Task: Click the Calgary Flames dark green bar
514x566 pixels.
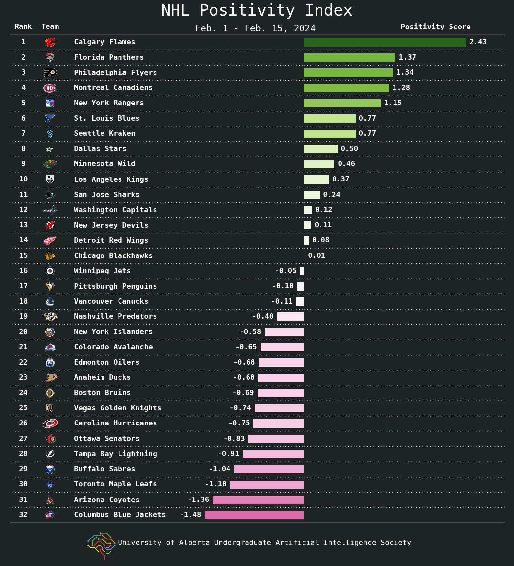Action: point(385,42)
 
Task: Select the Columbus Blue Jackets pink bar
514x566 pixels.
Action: point(254,515)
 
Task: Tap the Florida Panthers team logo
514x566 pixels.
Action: point(50,57)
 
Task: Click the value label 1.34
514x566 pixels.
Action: point(405,72)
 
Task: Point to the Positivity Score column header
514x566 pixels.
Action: point(436,27)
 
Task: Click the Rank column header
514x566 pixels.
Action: point(23,27)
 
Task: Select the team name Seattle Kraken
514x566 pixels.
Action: point(104,133)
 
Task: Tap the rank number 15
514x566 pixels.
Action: point(23,255)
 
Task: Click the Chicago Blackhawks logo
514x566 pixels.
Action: point(50,256)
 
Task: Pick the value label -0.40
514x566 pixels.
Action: point(263,316)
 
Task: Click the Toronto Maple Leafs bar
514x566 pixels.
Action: point(267,484)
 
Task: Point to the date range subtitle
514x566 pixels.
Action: point(255,28)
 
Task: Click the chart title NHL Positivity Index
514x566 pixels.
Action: point(257,10)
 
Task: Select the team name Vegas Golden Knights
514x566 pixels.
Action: point(118,408)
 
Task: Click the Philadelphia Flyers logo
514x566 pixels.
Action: point(50,73)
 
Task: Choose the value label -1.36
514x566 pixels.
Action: point(198,500)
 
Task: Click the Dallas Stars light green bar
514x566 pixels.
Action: point(321,149)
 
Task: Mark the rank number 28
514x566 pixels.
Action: point(23,454)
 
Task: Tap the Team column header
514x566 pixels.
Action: point(50,27)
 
